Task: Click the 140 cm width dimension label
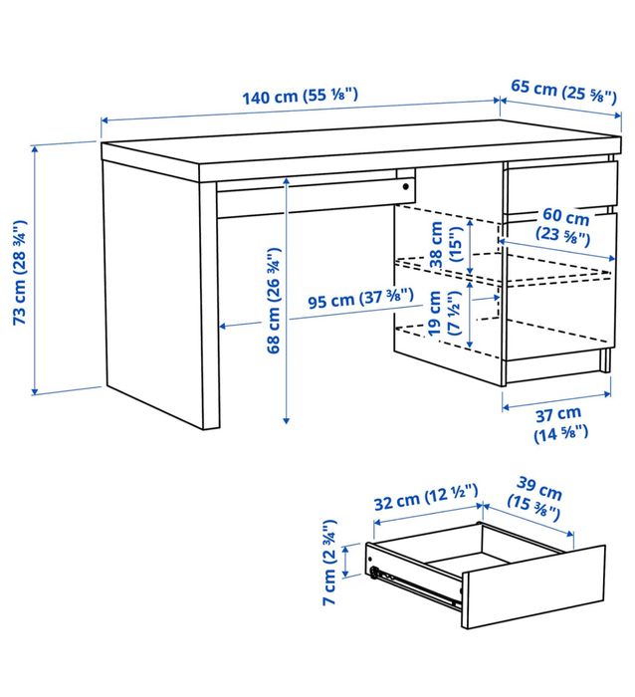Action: click(x=300, y=97)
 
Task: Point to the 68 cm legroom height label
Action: click(x=272, y=304)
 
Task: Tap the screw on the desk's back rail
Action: click(x=405, y=185)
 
